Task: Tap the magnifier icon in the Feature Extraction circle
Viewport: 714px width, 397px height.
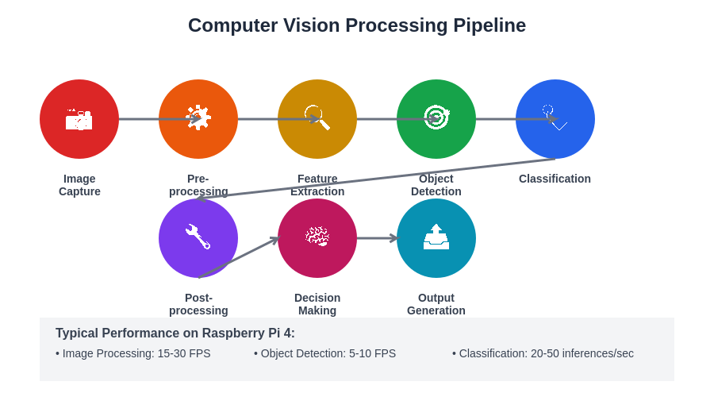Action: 317,118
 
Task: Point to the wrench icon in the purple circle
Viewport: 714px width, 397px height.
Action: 198,237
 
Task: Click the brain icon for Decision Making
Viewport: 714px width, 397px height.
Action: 317,236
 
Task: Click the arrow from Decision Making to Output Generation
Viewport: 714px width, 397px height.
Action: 376,238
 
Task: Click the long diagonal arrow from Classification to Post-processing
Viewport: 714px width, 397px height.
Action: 377,179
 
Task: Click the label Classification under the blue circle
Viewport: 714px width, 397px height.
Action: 555,179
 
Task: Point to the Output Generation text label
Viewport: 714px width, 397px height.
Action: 436,304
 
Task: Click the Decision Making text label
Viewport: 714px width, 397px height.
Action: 317,304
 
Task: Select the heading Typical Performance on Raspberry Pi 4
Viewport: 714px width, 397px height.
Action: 175,333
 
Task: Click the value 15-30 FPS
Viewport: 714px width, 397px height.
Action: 184,353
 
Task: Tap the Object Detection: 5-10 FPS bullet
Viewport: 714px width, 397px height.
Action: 325,353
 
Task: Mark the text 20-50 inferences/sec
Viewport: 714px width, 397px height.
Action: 582,353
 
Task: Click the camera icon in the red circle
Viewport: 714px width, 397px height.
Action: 79,120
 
